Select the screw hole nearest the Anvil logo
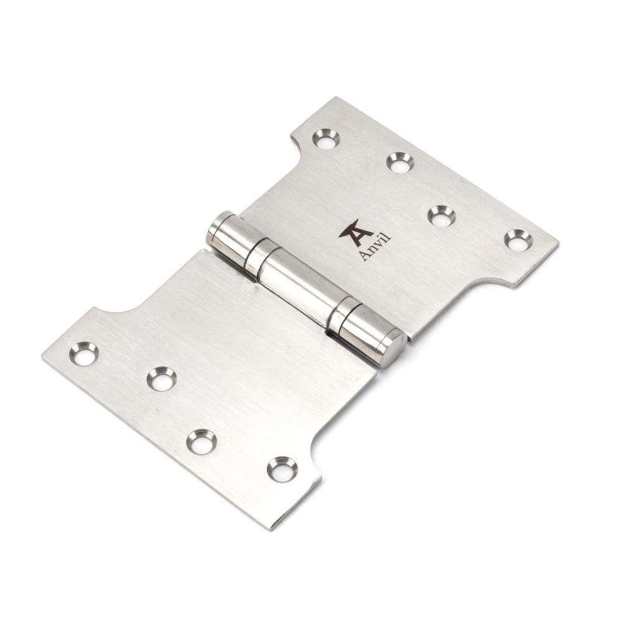(441, 215)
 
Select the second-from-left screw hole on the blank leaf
(161, 377)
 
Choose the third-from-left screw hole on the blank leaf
(200, 440)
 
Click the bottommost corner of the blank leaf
(269, 529)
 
